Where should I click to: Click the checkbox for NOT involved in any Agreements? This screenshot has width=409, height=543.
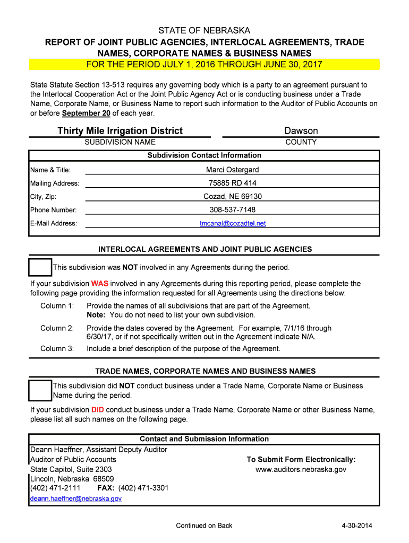point(40,268)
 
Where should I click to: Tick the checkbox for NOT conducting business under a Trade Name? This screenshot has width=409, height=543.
point(40,390)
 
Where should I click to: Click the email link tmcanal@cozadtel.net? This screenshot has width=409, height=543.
point(233,223)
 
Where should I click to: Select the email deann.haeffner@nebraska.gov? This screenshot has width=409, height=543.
point(76,498)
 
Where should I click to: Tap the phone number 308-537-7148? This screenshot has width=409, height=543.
point(233,210)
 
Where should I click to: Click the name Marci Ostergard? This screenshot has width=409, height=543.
point(233,170)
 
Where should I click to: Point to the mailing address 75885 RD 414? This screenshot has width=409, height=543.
point(233,183)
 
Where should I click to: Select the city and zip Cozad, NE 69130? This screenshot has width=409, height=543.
point(233,196)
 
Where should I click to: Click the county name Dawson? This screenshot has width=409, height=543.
point(301,130)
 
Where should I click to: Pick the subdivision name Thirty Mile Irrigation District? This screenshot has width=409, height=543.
point(120,130)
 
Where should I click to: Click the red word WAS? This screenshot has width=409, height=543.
point(100,283)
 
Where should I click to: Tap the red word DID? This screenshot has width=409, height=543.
point(98,409)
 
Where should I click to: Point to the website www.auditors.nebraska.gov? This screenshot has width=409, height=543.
point(301,469)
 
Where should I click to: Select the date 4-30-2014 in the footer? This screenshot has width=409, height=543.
point(357,526)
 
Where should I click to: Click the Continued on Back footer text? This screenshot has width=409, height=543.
point(204,526)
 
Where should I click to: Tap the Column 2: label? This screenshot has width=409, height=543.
point(57,328)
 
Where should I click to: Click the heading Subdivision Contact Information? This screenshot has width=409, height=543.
point(204,155)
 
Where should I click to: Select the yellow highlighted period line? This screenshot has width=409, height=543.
point(204,65)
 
